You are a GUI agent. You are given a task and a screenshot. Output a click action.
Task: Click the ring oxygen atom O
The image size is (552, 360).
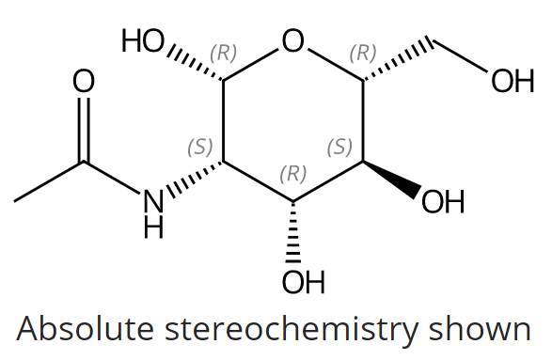pyautogui.click(x=293, y=41)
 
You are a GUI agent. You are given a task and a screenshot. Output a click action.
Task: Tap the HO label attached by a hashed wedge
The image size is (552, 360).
pyautogui.click(x=143, y=40)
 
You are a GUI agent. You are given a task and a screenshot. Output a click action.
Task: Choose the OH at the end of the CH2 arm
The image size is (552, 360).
pyautogui.click(x=513, y=82)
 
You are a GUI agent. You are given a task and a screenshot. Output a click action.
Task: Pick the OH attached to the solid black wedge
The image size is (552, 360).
pyautogui.click(x=442, y=202)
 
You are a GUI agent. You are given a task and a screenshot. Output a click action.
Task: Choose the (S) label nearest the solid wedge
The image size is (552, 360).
pyautogui.click(x=339, y=147)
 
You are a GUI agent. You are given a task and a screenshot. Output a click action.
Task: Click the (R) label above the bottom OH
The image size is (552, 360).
pyautogui.click(x=293, y=173)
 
